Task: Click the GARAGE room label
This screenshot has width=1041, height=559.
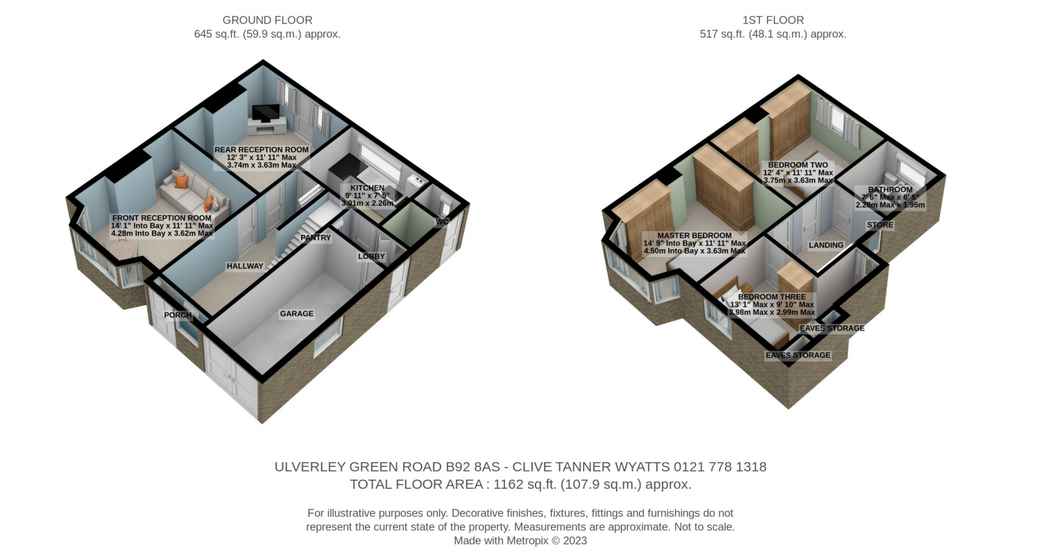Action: coord(297,314)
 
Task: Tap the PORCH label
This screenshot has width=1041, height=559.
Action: coord(178,315)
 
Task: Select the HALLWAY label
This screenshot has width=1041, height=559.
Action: coord(245,266)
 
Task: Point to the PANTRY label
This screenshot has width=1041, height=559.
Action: coord(316,238)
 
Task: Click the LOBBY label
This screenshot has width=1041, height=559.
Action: coord(372,256)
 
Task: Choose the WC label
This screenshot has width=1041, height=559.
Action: coord(442,222)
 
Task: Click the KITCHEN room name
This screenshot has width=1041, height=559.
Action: coord(367,188)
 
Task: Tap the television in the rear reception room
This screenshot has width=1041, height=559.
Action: coord(266,113)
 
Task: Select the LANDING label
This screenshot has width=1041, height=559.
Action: coord(826,245)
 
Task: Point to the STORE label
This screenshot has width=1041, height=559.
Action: coord(880,225)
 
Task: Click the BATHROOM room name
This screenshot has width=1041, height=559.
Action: coord(890,189)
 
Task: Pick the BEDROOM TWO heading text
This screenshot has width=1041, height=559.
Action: coord(798,165)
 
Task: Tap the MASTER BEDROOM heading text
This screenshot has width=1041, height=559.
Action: coord(694,236)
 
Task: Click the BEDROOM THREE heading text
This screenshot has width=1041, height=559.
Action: coord(772,297)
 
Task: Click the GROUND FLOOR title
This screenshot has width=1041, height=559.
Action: coord(267,20)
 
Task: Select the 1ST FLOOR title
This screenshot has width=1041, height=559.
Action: coord(773,20)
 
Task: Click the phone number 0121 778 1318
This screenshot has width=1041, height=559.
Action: coord(720,467)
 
